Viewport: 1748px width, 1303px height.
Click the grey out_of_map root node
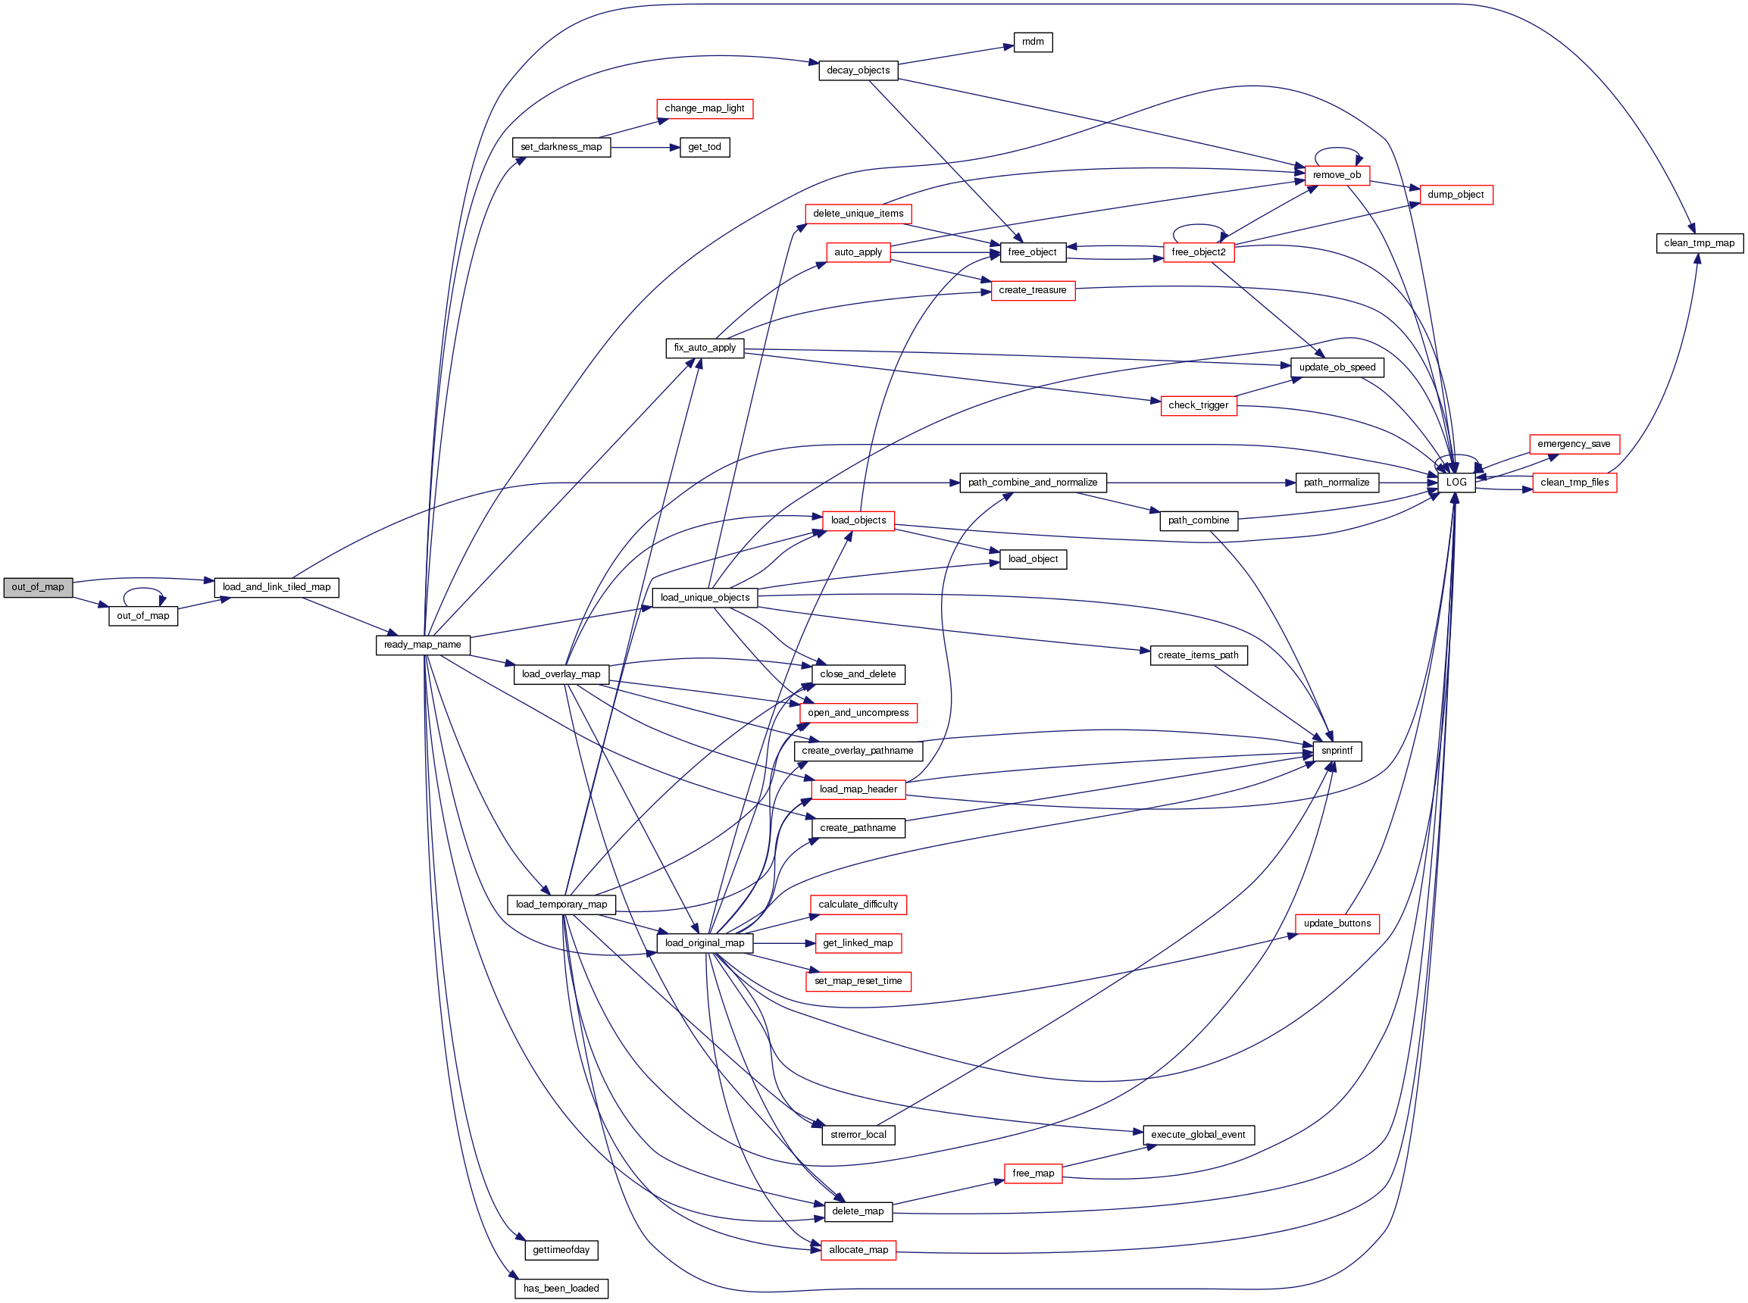tap(38, 588)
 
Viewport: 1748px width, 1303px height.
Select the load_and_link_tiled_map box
tap(276, 588)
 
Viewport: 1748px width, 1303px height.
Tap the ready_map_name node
tap(423, 645)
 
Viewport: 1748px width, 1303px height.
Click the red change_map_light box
tap(705, 109)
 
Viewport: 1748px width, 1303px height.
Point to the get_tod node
tap(705, 148)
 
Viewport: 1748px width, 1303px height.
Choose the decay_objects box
tap(858, 71)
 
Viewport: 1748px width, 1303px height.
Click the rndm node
tap(1033, 42)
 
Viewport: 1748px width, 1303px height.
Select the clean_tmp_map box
tap(1699, 244)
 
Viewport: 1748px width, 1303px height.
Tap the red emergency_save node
tap(1574, 445)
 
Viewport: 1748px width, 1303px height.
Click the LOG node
tap(1456, 483)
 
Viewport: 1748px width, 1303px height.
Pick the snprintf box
tap(1337, 751)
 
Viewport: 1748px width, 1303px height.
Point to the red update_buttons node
tap(1337, 924)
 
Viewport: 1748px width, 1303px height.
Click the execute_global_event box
tap(1198, 1136)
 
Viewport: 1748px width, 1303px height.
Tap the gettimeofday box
tap(561, 1251)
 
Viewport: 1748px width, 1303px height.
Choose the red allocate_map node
tap(858, 1251)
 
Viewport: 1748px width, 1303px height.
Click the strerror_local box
tap(858, 1136)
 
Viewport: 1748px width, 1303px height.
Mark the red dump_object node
tap(1456, 195)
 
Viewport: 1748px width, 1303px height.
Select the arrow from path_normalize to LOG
tap(1408, 483)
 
